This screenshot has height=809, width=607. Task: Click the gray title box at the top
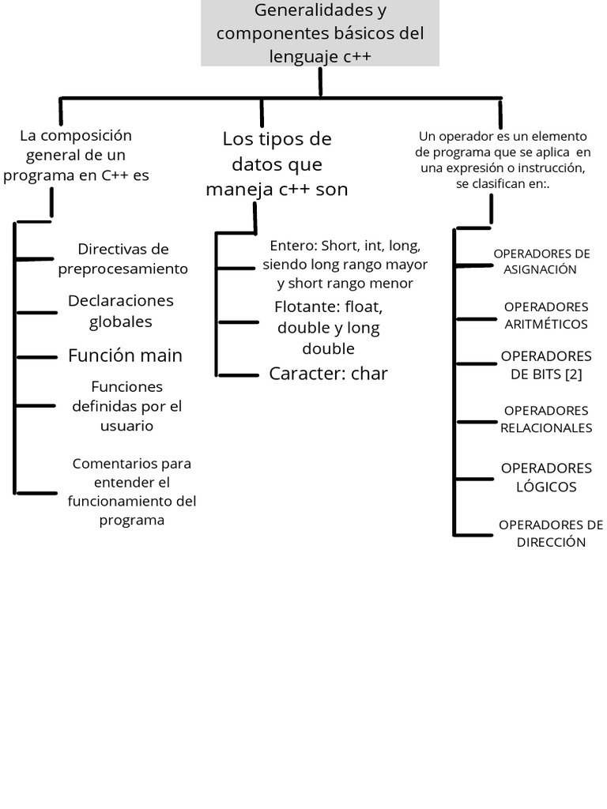pyautogui.click(x=319, y=33)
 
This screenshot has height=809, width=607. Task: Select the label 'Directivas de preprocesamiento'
pyautogui.click(x=123, y=259)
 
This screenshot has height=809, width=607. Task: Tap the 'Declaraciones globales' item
pyautogui.click(x=121, y=311)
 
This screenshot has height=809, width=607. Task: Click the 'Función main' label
pyautogui.click(x=125, y=356)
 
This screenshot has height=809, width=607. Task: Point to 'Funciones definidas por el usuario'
pyautogui.click(x=126, y=406)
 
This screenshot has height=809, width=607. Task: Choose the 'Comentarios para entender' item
pyautogui.click(x=132, y=491)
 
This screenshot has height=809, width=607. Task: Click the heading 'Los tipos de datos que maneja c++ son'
pyautogui.click(x=277, y=164)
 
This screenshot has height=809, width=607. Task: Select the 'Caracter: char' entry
pyautogui.click(x=328, y=374)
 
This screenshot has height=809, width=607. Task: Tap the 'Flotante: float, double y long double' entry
pyautogui.click(x=328, y=327)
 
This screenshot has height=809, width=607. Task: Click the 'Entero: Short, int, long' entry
pyautogui.click(x=345, y=264)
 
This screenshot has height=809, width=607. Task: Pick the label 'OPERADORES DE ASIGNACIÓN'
pyautogui.click(x=541, y=262)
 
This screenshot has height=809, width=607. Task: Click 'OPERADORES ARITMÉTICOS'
pyautogui.click(x=546, y=315)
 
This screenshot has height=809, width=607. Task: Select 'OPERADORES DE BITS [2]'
pyautogui.click(x=546, y=365)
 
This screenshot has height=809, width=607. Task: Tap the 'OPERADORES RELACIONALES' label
pyautogui.click(x=546, y=419)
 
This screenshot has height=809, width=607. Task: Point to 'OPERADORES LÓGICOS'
pyautogui.click(x=546, y=477)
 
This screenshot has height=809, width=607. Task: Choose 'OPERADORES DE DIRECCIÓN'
pyautogui.click(x=551, y=533)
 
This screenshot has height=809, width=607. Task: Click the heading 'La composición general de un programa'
pyautogui.click(x=76, y=156)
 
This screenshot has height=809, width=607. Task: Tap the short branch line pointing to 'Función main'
pyautogui.click(x=36, y=357)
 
